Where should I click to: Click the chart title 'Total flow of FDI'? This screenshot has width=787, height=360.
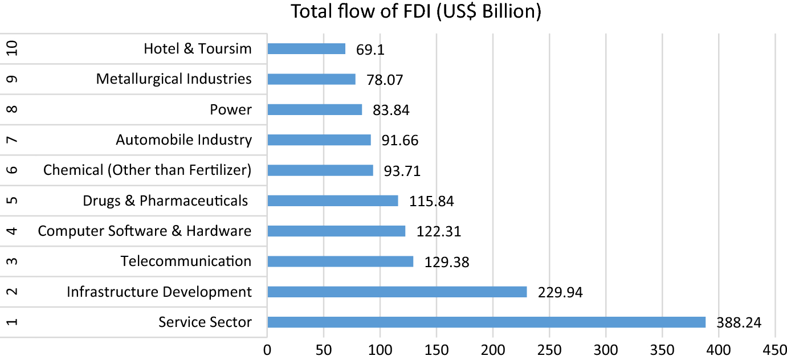(416, 11)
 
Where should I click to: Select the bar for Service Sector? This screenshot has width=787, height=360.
(486, 322)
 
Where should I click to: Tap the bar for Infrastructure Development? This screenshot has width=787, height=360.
(397, 292)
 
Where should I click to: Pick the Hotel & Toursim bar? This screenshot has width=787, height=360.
(306, 49)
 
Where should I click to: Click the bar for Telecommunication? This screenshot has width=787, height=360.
(340, 261)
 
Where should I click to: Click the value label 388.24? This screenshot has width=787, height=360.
(739, 324)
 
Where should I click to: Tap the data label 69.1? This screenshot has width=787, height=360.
(369, 50)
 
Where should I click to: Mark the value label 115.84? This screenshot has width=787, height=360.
(431, 202)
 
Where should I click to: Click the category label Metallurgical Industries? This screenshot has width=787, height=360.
(174, 79)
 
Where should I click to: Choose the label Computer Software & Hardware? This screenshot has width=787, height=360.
(145, 231)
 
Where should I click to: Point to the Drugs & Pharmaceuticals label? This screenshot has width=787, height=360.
(165, 201)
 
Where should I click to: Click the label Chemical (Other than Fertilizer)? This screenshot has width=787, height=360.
(148, 170)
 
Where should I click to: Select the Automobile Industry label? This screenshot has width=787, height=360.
(184, 140)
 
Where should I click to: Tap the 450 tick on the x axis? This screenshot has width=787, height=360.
(774, 349)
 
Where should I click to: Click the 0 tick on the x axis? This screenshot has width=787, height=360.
(267, 349)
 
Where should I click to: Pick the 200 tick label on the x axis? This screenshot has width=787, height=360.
(492, 349)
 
